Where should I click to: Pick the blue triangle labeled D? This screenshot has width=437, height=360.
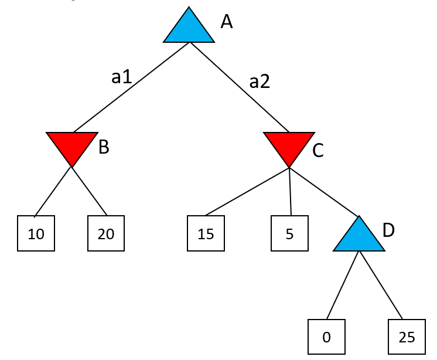(x=359, y=237)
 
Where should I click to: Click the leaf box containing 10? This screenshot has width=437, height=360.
(x=36, y=233)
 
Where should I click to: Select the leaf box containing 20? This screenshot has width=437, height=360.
(x=106, y=233)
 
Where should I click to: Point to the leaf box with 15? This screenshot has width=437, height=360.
(x=206, y=233)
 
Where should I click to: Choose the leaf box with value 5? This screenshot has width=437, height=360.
(x=289, y=233)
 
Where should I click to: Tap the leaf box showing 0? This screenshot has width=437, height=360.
(x=326, y=337)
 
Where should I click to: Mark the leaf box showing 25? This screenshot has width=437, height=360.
(x=407, y=337)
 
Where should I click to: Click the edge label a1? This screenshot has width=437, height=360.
(x=121, y=76)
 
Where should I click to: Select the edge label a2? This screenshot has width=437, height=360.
(x=260, y=81)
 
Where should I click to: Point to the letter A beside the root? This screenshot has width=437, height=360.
(x=227, y=22)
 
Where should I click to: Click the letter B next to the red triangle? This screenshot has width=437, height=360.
(x=104, y=147)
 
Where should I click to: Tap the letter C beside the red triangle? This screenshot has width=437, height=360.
(x=318, y=151)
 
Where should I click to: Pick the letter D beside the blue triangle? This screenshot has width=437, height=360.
(x=388, y=230)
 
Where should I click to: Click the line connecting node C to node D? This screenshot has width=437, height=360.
(x=324, y=192)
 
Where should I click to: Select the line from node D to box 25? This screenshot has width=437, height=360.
(x=381, y=286)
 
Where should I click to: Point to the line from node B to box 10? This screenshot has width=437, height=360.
(x=53, y=192)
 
